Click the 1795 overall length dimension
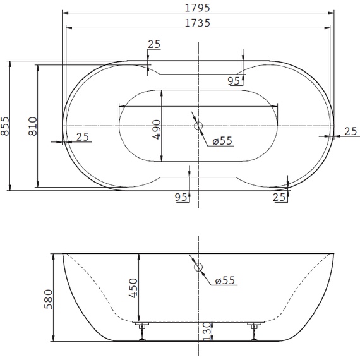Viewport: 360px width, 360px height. [198, 8]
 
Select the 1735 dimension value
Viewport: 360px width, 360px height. [198, 23]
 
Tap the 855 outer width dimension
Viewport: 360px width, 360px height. [5, 126]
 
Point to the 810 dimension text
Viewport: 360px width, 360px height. [33, 126]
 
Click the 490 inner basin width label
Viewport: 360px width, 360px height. [157, 129]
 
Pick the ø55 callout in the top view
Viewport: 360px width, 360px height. [222, 141]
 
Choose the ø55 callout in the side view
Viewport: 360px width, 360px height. [225, 280]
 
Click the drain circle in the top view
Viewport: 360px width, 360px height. [198, 126]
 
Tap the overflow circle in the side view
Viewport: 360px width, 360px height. [198, 267]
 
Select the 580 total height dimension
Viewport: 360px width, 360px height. [49, 299]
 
